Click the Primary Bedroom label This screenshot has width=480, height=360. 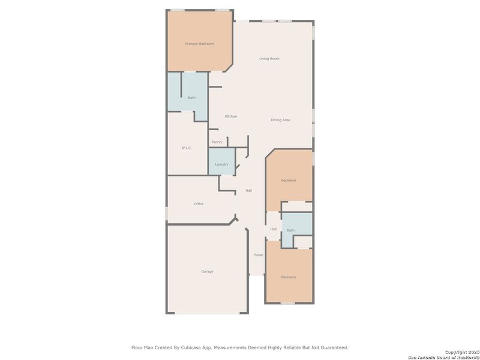coord(199,44)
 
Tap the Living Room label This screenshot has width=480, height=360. coord(269,59)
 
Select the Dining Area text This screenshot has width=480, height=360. coord(280,120)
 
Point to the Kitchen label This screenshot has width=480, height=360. coord(231,116)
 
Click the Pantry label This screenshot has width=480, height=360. coord(217,142)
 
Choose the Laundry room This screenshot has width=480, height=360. coord(221,164)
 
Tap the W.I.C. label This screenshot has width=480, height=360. coord(187,148)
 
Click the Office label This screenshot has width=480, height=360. coord(199,204)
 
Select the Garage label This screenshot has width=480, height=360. coord(207,272)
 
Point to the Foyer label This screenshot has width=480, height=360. coord(259,255)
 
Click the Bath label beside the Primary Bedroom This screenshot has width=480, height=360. coord(191,98)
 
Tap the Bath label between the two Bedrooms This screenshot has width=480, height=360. coord(290,230)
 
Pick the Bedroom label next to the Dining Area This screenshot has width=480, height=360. coord(289,180)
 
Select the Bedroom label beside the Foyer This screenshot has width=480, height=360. coord(289,277)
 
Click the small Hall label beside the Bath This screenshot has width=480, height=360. coord(273,229)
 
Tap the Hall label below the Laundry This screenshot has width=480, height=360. coord(248,191)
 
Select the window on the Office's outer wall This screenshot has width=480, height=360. coord(167,214)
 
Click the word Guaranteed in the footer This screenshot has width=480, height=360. coord(333,347)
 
